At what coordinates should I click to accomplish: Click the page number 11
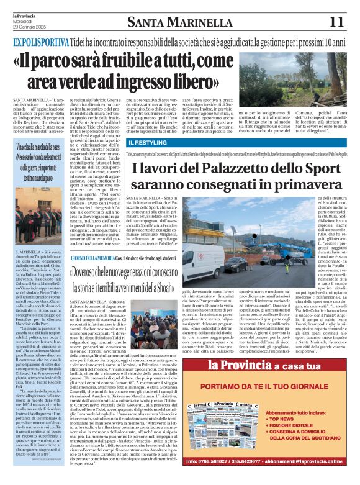(336, 21)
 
